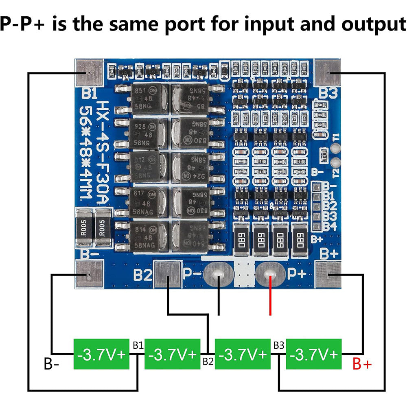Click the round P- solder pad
(219, 275)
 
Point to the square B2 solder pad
(168, 275)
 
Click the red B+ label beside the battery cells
(362, 363)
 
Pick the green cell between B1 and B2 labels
(173, 354)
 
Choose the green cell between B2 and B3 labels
(243, 354)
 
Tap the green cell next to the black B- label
(101, 354)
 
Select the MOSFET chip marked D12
(149, 168)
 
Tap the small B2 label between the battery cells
(208, 361)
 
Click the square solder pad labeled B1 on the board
(88, 72)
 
